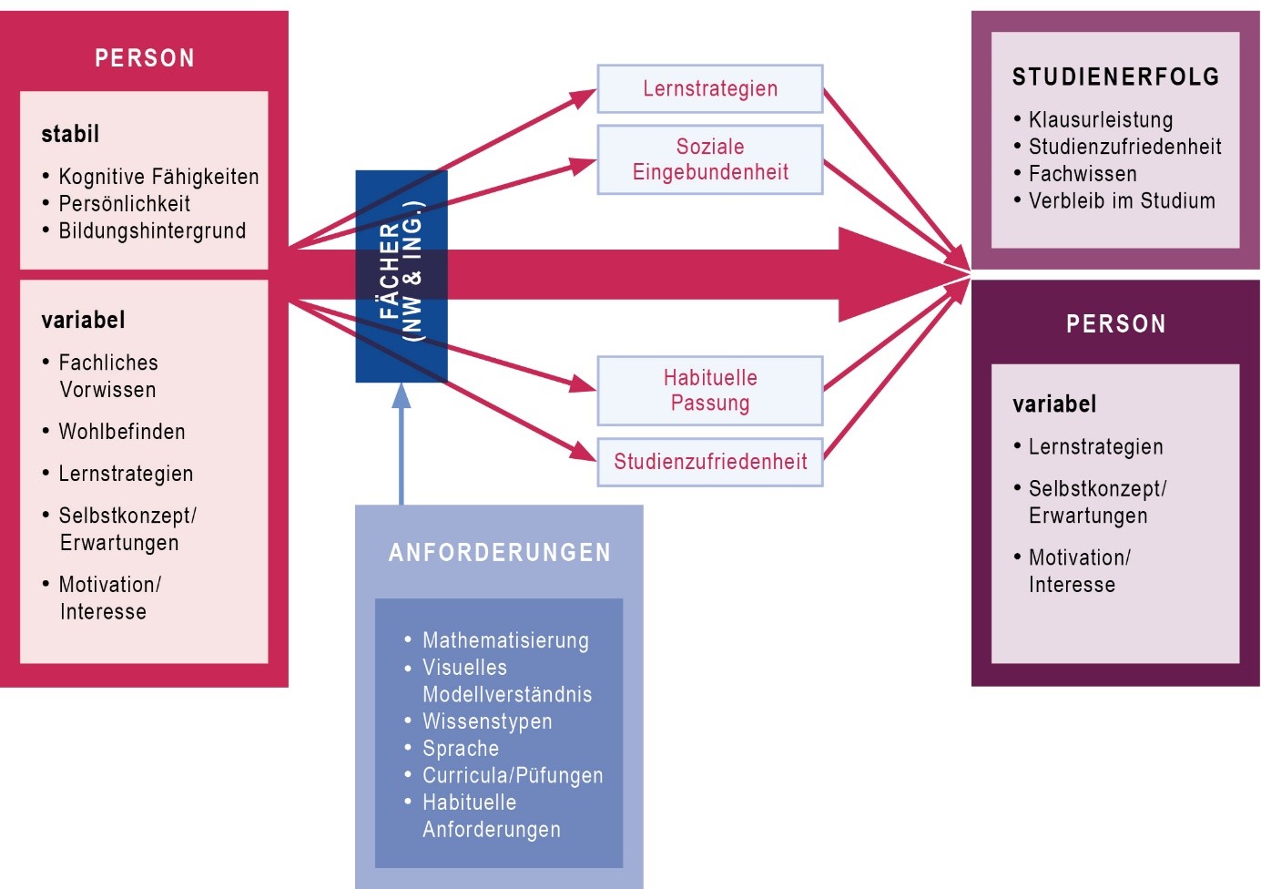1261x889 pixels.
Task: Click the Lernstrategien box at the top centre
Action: point(710,88)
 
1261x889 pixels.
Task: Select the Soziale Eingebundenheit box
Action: point(710,159)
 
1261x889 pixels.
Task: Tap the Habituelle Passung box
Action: point(710,391)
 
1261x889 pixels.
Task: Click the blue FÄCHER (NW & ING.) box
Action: point(402,276)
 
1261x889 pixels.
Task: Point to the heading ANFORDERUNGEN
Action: point(500,553)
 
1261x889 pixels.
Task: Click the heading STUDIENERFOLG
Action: point(1115,77)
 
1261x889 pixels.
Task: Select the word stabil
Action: point(70,134)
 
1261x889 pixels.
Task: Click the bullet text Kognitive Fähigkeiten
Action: point(158,177)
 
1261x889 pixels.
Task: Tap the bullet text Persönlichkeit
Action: point(125,204)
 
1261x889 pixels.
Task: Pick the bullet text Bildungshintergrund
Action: point(152,231)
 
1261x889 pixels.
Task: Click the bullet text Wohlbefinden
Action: point(122,432)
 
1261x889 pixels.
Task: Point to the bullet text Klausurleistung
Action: point(1100,119)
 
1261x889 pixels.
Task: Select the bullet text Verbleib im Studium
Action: point(1122,201)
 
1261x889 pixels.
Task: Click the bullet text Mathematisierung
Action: point(505,640)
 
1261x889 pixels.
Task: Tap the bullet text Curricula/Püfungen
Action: point(513,775)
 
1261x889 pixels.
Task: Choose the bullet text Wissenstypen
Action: point(487,721)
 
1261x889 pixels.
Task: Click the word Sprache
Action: point(461,749)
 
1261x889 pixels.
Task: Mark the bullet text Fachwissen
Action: point(1083,174)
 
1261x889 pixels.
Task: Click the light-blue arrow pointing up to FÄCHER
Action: point(402,446)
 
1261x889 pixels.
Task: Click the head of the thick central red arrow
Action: point(901,274)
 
